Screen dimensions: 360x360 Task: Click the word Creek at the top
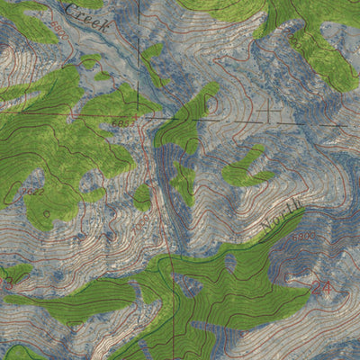tap(89, 19)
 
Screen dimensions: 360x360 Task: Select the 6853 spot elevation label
tap(121, 121)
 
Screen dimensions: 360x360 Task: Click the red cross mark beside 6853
tap(140, 116)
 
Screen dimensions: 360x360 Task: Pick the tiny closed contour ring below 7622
tap(43, 214)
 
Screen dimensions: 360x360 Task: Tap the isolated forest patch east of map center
tap(245, 167)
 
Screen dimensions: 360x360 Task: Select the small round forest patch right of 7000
tap(141, 196)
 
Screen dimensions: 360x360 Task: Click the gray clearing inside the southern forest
tap(229, 262)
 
